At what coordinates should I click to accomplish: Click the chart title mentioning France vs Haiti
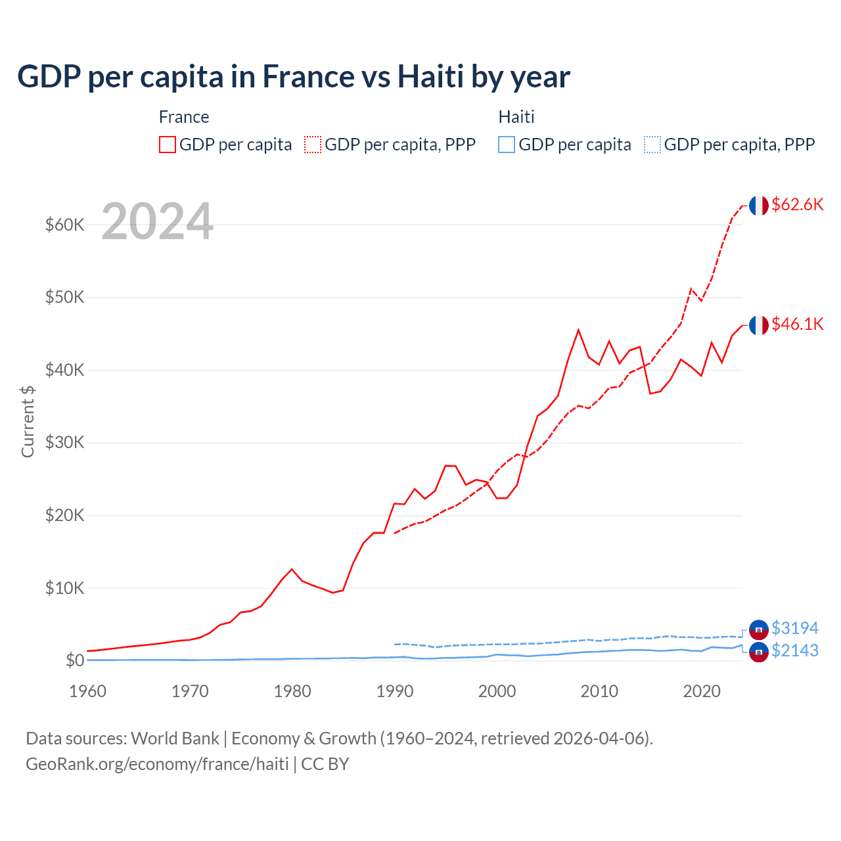[x=293, y=77]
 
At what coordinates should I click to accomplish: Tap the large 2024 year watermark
[x=157, y=222]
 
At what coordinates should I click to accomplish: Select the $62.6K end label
[x=797, y=204]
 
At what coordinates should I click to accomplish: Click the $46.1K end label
[x=797, y=324]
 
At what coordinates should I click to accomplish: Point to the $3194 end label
[x=794, y=628]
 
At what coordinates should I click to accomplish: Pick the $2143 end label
[x=794, y=650]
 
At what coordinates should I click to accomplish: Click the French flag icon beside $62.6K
[x=759, y=205]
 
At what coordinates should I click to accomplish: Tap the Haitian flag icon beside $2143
[x=759, y=652]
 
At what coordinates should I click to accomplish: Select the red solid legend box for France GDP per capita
[x=168, y=145]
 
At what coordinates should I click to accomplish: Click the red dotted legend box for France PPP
[x=313, y=145]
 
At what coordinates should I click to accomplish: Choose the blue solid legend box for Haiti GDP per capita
[x=507, y=145]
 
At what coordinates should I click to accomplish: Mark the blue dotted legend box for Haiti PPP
[x=652, y=145]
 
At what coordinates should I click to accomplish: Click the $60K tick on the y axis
[x=64, y=225]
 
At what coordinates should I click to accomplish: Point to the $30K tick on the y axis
[x=64, y=442]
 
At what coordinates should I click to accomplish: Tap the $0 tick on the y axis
[x=74, y=660]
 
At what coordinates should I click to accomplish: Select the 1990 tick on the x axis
[x=394, y=691]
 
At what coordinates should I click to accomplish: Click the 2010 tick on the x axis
[x=599, y=691]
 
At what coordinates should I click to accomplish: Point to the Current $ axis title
[x=28, y=422]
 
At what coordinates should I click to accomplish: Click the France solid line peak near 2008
[x=578, y=330]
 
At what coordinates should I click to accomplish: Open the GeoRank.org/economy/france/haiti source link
[x=157, y=764]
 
